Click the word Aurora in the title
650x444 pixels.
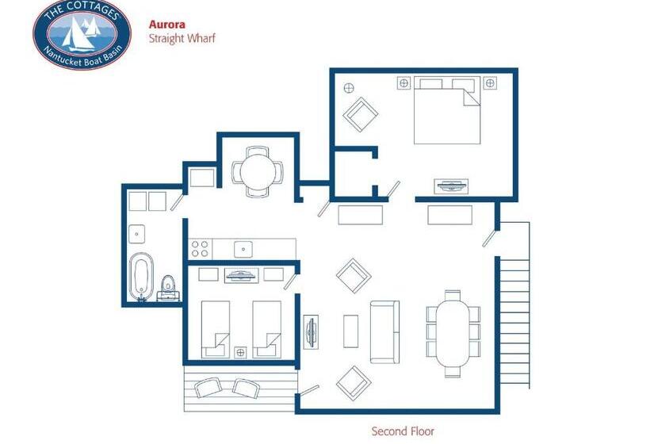click(x=167, y=25)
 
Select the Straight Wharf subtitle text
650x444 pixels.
click(x=182, y=39)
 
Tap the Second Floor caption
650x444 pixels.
click(x=403, y=431)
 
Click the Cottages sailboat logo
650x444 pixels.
click(x=82, y=33)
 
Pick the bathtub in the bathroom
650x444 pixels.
click(x=141, y=276)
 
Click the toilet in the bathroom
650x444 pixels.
click(x=167, y=285)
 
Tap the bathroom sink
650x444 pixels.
click(x=137, y=234)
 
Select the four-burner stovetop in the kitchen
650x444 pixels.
click(x=200, y=249)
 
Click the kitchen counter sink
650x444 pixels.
click(x=243, y=249)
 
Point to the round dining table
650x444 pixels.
click(x=258, y=172)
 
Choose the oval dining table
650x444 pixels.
click(x=453, y=333)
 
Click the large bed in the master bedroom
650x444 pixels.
click(x=447, y=110)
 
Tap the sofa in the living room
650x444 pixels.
click(x=384, y=332)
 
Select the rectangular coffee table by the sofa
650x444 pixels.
click(x=350, y=331)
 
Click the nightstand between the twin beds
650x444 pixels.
click(x=240, y=353)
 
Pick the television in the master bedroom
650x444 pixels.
click(x=451, y=186)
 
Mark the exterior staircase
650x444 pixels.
click(x=514, y=305)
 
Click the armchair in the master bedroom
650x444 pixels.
click(x=360, y=114)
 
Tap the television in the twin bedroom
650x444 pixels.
click(x=242, y=275)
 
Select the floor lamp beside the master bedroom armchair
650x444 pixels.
click(x=349, y=88)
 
